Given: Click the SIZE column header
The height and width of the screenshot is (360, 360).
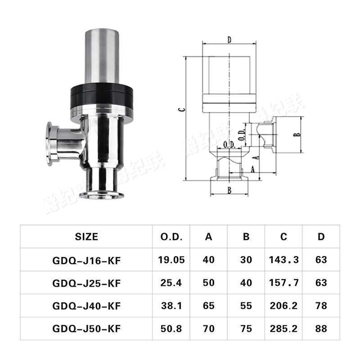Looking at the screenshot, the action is tap(86, 236).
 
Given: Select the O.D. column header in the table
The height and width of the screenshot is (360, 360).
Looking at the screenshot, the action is tap(171, 236).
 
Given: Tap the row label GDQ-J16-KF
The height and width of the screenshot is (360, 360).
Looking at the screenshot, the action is tap(86, 260).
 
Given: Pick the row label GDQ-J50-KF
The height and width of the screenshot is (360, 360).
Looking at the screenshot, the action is tap(86, 329).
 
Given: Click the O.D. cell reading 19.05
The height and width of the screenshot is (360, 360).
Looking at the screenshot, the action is tap(171, 260).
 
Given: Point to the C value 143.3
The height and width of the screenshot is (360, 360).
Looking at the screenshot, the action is tap(283, 260).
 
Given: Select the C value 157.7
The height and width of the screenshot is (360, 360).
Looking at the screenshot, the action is tap(283, 283).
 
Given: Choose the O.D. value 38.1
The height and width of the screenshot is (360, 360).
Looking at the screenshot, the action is tap(171, 306).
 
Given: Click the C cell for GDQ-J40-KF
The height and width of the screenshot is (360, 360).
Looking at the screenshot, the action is tap(283, 306).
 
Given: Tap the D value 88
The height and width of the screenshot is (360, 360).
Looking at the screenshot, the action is tap(321, 329).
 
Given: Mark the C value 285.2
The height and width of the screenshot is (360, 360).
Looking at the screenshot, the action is tap(283, 329).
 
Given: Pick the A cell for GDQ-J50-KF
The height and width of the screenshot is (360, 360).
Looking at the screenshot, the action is tap(209, 329).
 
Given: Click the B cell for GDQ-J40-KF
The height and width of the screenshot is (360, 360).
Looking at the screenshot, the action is tap(246, 306).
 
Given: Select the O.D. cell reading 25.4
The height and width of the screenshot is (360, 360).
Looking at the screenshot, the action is tap(171, 283).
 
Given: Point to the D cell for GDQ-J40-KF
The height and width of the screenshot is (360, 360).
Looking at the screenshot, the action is tap(321, 306).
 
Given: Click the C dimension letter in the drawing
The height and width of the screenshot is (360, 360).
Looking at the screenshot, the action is tap(180, 109).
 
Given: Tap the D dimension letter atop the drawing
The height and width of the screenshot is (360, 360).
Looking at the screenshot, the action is tap(229, 40).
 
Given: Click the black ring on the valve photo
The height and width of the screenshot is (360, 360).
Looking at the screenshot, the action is tap(101, 97).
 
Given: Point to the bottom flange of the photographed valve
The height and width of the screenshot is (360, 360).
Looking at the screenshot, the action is tap(102, 194).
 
